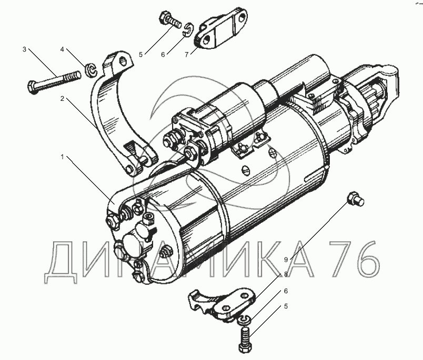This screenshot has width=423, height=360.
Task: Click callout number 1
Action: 62,157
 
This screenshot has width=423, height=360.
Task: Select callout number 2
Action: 62,99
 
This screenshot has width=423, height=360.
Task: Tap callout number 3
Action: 25,49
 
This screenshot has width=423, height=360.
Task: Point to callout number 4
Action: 62,49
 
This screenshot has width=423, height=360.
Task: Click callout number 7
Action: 187,54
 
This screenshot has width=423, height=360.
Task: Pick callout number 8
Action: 286,274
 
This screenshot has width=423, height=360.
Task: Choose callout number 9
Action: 286,260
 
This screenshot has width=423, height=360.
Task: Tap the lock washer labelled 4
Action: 90,70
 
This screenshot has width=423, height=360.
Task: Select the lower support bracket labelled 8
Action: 221,304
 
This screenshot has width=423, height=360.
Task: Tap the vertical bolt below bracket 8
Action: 246,340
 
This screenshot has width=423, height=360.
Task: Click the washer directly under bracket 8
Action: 245,320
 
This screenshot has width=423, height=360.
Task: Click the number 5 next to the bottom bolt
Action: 286,306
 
